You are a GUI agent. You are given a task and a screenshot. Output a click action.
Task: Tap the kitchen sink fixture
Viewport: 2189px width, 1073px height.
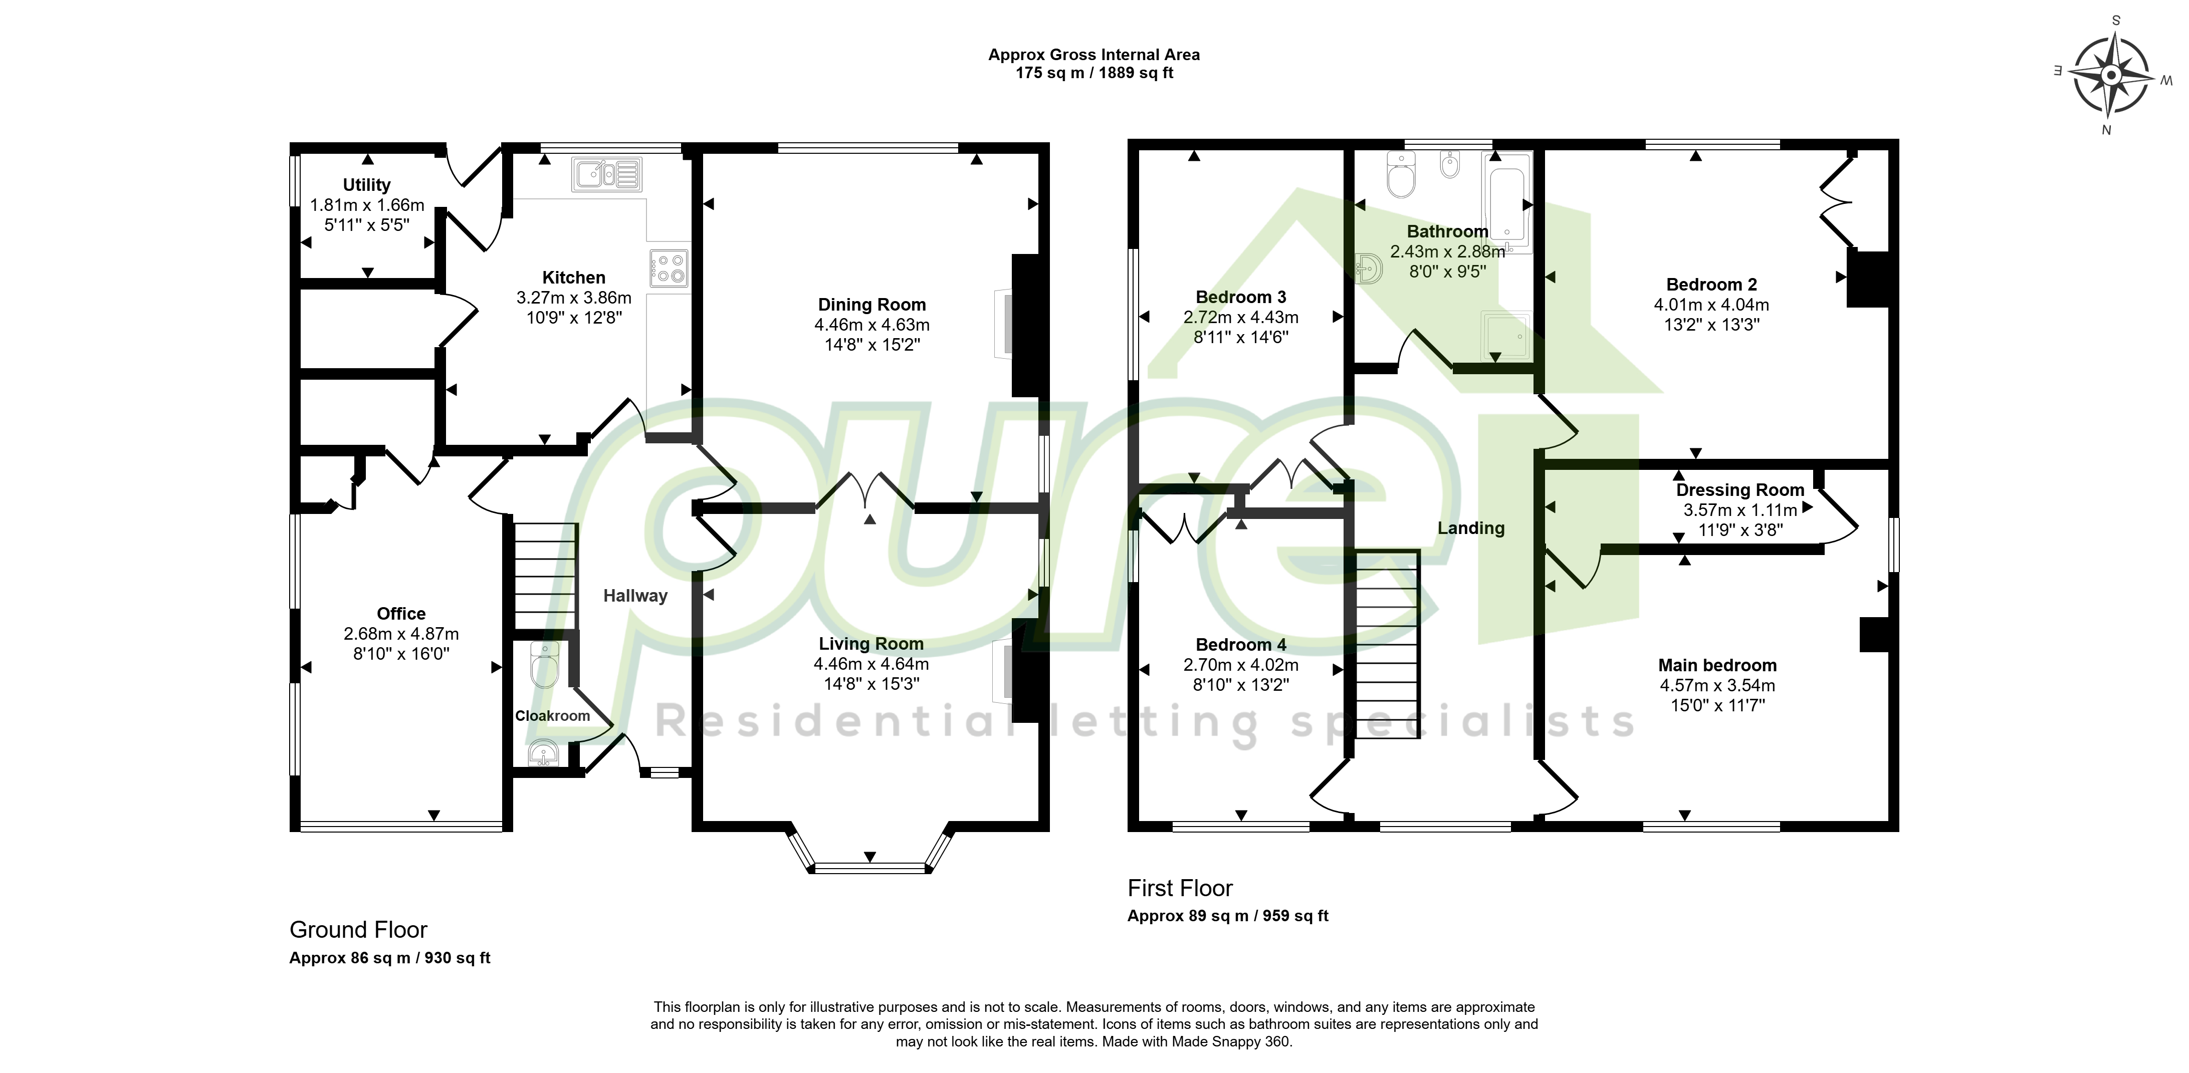(x=607, y=175)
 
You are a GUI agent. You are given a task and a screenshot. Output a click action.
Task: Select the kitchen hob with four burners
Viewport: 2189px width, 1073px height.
(x=668, y=267)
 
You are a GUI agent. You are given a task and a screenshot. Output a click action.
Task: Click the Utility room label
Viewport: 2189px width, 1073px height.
(x=367, y=184)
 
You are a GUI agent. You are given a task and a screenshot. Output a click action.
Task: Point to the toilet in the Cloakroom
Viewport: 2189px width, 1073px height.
(x=544, y=664)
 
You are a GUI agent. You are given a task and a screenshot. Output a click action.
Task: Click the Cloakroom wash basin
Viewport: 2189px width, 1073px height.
(x=543, y=753)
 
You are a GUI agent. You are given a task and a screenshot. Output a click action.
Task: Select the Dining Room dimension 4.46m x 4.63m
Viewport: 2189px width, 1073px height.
(x=872, y=325)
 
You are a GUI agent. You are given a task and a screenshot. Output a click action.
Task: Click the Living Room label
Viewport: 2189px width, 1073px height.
(x=871, y=644)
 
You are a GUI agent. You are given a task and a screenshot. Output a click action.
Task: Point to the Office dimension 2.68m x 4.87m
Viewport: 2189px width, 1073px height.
(x=401, y=634)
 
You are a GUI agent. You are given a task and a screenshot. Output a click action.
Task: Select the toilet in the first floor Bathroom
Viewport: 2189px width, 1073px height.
(x=1400, y=175)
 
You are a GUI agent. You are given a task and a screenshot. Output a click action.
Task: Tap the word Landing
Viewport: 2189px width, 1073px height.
(x=1471, y=528)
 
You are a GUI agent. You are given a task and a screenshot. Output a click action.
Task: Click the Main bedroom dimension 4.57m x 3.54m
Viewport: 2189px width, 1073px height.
(x=1717, y=686)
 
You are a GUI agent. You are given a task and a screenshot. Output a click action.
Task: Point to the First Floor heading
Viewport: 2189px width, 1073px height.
(x=1180, y=889)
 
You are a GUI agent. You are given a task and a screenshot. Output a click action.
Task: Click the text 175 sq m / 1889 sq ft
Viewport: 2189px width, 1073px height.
(x=1094, y=73)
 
